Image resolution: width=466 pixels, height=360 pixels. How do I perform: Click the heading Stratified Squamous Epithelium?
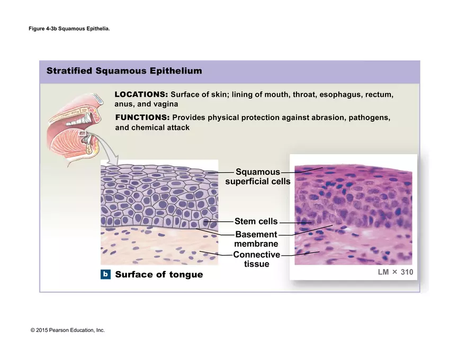pos(124,71)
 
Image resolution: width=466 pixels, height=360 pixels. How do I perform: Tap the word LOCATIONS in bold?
pos(141,94)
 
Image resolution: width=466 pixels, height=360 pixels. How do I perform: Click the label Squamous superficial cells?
pos(257,177)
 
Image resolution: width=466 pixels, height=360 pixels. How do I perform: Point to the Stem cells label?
pos(256,221)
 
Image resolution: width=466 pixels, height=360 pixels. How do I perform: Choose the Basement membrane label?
pos(256,239)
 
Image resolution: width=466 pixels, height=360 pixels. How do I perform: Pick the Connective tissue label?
pos(256,259)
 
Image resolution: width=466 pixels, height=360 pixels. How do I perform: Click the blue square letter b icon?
pos(106,274)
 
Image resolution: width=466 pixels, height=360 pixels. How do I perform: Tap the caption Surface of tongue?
pos(159,274)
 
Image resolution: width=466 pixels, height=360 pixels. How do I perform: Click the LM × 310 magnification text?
pos(395,272)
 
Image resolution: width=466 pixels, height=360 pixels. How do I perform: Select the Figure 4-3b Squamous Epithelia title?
pos(69,29)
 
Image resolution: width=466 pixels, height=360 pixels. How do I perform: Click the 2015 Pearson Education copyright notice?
pos(68,330)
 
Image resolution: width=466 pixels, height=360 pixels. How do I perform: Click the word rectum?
pos(379,94)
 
